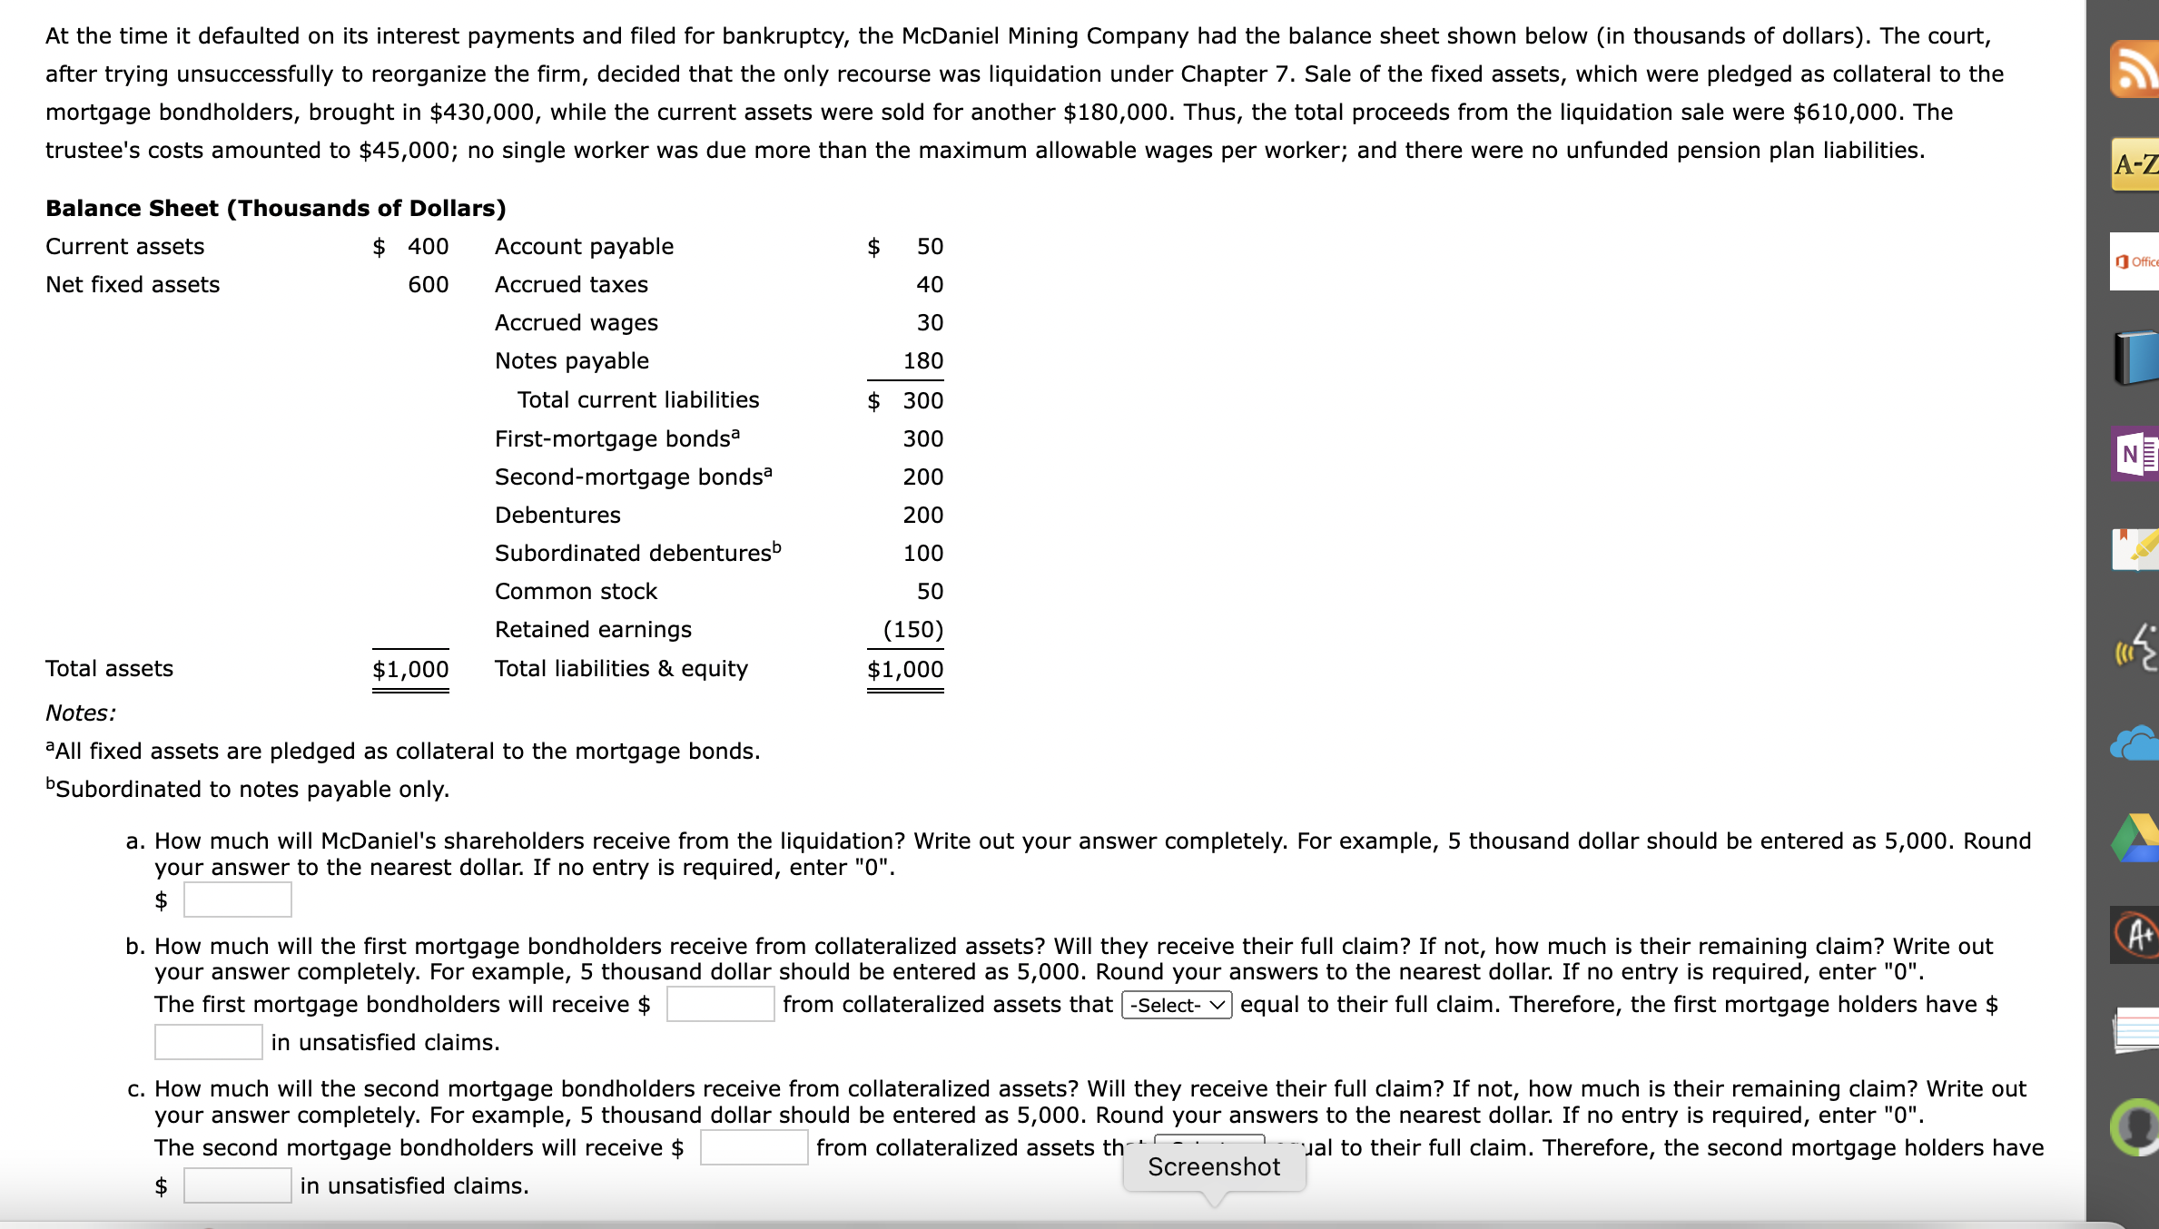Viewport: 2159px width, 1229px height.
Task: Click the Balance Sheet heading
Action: (275, 208)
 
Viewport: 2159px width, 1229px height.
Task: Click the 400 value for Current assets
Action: (428, 247)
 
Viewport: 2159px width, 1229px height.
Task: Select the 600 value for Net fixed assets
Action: (428, 285)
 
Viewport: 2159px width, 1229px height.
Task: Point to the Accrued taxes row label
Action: (571, 285)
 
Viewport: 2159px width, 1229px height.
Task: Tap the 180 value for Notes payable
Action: (922, 361)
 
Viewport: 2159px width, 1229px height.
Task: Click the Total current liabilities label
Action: (637, 400)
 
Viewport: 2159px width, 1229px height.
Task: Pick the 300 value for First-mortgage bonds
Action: (922, 439)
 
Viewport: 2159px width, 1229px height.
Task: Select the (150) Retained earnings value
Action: (912, 630)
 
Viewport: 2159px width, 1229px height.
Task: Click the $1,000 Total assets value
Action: (410, 670)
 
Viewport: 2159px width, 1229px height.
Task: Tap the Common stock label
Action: (576, 592)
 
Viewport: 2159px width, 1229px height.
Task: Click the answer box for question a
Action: (237, 900)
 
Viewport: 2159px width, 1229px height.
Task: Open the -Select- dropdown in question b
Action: (1177, 1005)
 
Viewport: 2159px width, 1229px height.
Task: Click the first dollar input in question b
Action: (720, 1004)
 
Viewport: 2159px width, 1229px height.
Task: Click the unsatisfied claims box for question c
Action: (237, 1185)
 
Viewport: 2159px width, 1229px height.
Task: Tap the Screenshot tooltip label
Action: (1213, 1167)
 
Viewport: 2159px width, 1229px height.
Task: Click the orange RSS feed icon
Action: (2134, 68)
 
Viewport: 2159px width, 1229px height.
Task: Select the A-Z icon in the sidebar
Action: (2134, 164)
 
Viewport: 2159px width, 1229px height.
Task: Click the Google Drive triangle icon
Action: (2134, 839)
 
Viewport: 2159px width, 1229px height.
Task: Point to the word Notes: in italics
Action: (81, 713)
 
